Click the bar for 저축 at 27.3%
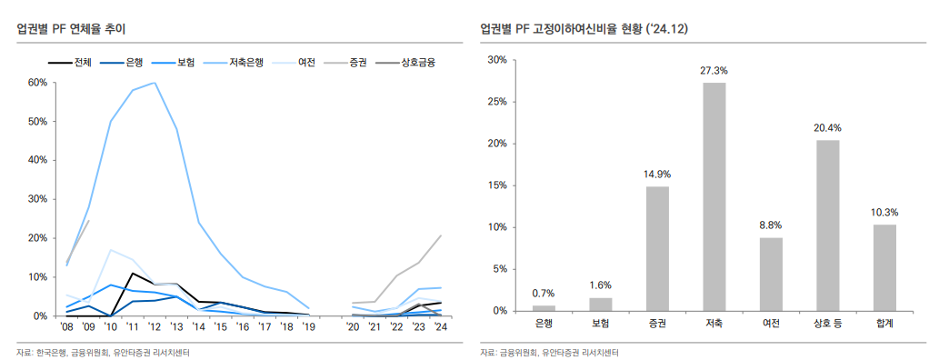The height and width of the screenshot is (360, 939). (714, 196)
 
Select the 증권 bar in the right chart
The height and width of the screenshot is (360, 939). (657, 248)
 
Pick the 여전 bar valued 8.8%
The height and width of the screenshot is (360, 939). (771, 274)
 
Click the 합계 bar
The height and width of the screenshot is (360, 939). (884, 267)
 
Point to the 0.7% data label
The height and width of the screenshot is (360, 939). (544, 293)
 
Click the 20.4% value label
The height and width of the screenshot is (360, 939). (827, 128)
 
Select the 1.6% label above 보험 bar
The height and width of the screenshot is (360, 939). (601, 285)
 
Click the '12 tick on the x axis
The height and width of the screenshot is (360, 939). (155, 326)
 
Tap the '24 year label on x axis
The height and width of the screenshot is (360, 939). (441, 326)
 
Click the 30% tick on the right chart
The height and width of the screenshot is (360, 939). (496, 60)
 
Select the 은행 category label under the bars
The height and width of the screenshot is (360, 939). (544, 323)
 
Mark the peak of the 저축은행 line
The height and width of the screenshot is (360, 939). (155, 83)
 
